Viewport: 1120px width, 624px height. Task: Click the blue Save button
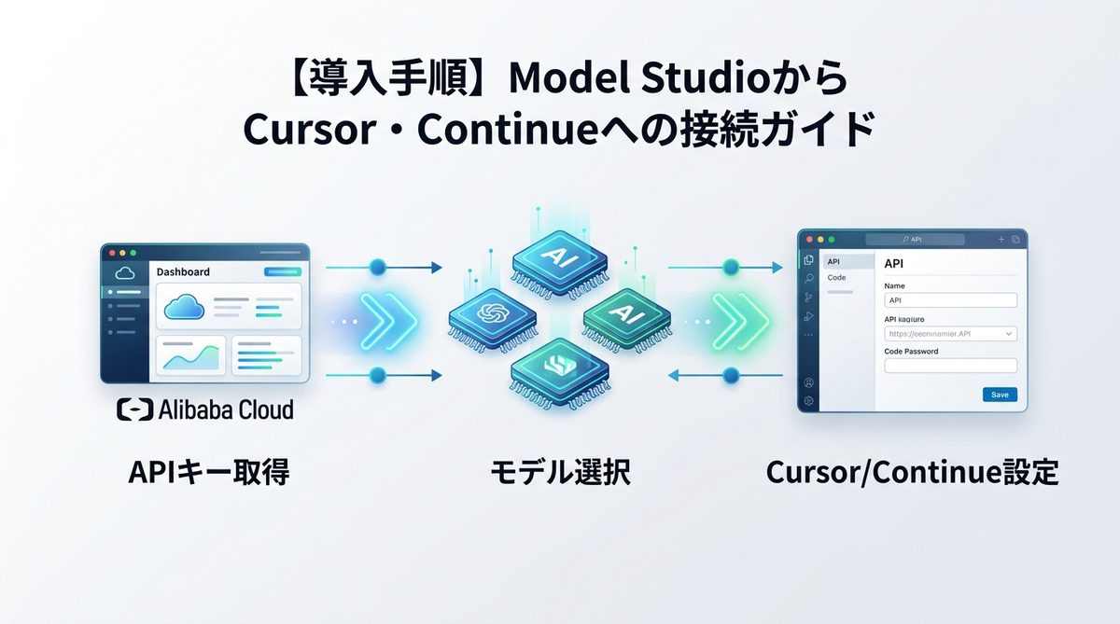pos(1000,395)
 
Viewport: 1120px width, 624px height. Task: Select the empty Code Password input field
pos(950,366)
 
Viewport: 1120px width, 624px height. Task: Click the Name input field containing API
pos(950,300)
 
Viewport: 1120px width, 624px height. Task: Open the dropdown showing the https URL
pos(950,333)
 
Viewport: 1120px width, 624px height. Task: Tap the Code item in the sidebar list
pos(837,278)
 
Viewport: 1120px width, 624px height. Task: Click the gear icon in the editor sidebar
pos(808,401)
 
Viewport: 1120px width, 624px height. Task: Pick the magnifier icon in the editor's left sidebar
pos(808,278)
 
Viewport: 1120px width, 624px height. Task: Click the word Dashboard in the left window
pos(183,272)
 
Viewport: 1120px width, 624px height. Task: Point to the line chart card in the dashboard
pos(191,355)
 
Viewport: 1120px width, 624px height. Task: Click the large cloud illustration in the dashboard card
pos(183,307)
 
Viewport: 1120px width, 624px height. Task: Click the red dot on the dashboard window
pos(112,252)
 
